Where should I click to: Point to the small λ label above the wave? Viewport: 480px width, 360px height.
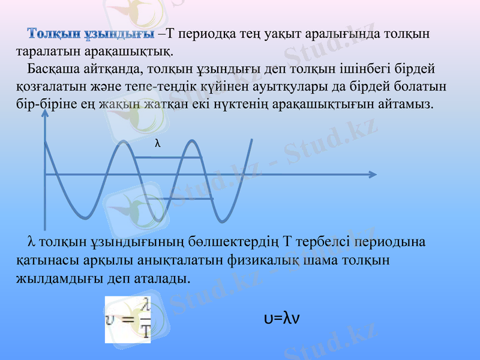point(158,143)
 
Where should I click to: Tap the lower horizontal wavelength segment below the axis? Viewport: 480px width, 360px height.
point(186,199)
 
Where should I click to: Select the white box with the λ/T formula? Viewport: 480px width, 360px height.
point(128,319)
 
